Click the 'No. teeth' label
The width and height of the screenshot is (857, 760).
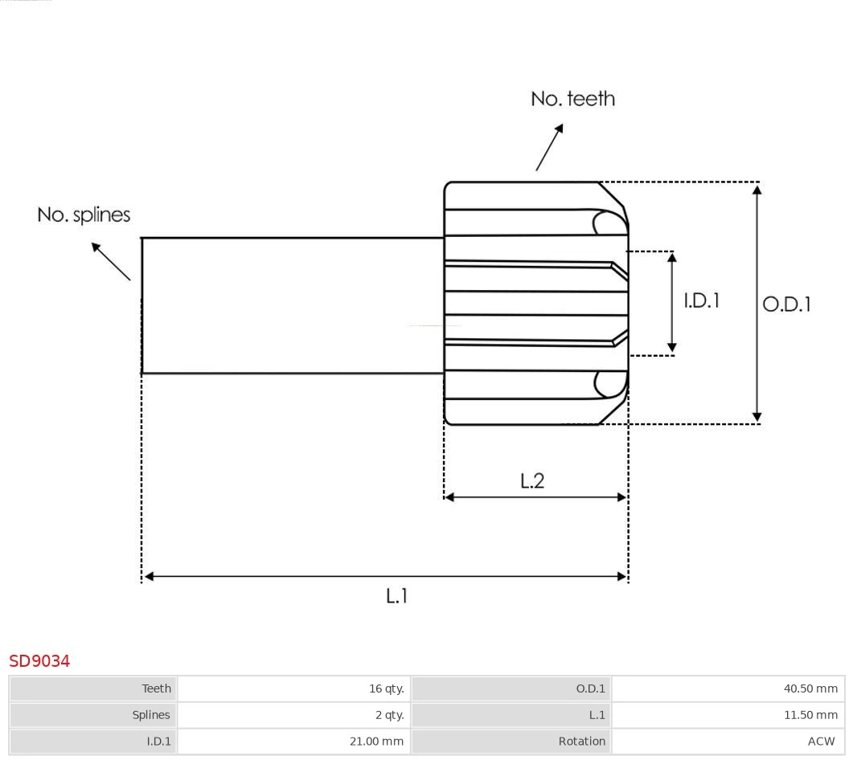coord(572,99)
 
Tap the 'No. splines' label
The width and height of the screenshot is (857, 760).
coord(84,215)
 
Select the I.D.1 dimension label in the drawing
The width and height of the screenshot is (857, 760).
coord(701,300)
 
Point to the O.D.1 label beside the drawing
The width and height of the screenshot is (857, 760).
coord(786,304)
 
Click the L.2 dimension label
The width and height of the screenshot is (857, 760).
coord(532,480)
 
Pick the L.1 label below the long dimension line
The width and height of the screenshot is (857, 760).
coord(397,596)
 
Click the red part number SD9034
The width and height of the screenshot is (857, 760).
coord(39,660)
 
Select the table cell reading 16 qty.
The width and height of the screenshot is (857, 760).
coord(386,688)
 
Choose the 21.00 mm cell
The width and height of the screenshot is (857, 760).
coord(376,742)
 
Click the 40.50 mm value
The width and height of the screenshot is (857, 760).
coord(810,688)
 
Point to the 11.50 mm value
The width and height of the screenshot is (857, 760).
coord(810,715)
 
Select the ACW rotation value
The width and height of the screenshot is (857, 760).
coord(821,742)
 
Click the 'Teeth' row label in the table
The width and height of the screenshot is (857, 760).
coord(156,688)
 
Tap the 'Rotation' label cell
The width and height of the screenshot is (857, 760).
coord(581,742)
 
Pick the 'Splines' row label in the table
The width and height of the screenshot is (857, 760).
coord(151,715)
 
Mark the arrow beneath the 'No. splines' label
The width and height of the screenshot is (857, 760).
coord(110,260)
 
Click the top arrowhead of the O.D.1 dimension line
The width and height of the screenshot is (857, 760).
coord(757,190)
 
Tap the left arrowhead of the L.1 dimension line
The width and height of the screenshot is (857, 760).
coord(149,576)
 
